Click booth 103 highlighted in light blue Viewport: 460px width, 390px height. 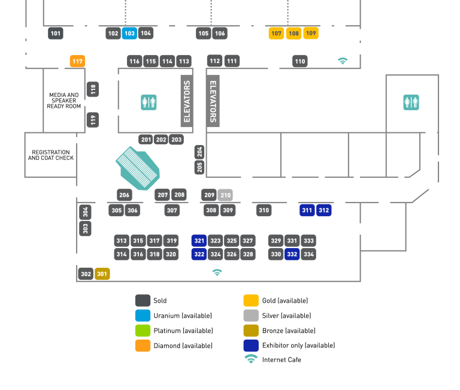tap(129, 34)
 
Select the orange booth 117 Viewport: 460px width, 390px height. tap(77, 61)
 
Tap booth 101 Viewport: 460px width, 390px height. tap(56, 34)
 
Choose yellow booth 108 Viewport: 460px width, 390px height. tap(293, 34)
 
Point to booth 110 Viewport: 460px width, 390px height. tap(300, 61)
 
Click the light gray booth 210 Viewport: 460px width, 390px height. tap(225, 195)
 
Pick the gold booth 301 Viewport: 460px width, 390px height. tap(102, 274)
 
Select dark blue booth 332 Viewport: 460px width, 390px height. tap(292, 254)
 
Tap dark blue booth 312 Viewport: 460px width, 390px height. tap(323, 210)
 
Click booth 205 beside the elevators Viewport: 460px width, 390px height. tap(199, 167)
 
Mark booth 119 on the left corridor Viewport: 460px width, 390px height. tap(93, 120)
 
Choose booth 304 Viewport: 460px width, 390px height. tap(86, 212)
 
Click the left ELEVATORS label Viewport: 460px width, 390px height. tap(187, 101)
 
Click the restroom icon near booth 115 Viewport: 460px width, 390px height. tap(149, 102)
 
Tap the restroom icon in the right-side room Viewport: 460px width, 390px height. tap(411, 102)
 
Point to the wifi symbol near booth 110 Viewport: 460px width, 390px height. tap(343, 61)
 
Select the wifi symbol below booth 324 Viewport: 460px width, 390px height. tap(217, 273)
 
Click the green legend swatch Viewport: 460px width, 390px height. tap(143, 330)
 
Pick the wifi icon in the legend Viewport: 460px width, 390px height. tap(251, 359)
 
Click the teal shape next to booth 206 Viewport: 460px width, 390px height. tap(140, 169)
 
